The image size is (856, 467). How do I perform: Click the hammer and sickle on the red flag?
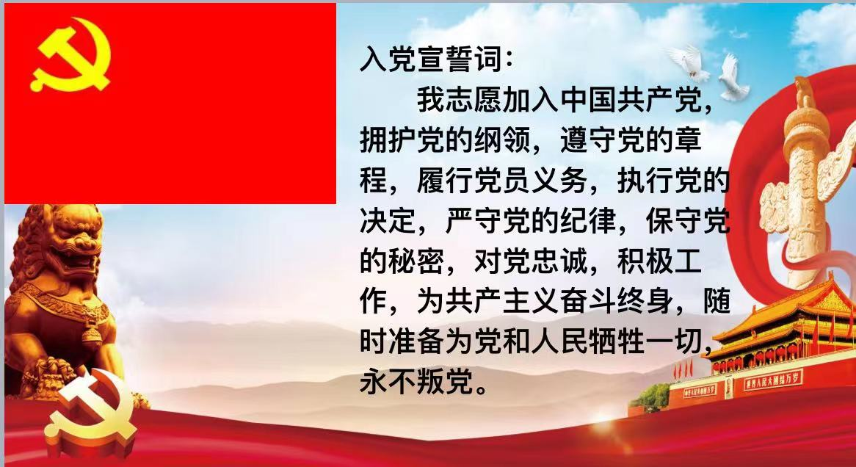pyautogui.click(x=70, y=55)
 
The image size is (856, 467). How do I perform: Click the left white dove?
pyautogui.click(x=689, y=62)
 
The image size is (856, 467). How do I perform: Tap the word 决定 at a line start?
pyautogui.click(x=388, y=221)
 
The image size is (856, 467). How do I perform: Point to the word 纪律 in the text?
pyautogui.click(x=588, y=221)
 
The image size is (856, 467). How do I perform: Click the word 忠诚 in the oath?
pyautogui.click(x=559, y=261)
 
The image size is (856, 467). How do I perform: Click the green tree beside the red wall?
pyautogui.click(x=652, y=396)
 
